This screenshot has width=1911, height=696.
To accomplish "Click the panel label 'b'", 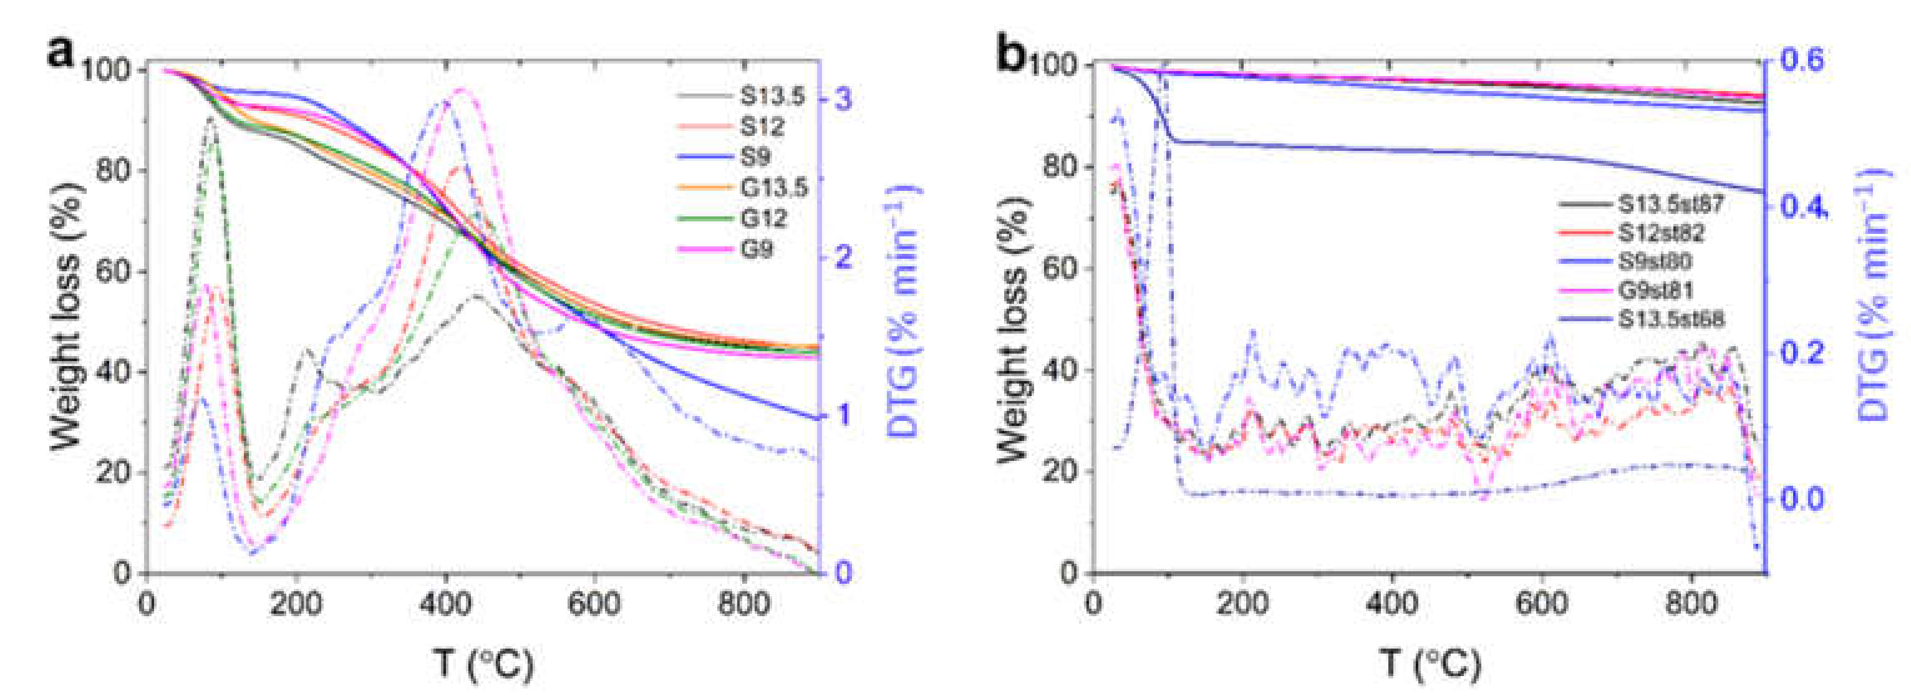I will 1010,54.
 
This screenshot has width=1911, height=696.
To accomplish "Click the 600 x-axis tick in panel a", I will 594,603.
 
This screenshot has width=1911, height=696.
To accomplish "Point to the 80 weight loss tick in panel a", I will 114,171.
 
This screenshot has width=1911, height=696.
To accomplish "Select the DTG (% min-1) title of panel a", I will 901,312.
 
